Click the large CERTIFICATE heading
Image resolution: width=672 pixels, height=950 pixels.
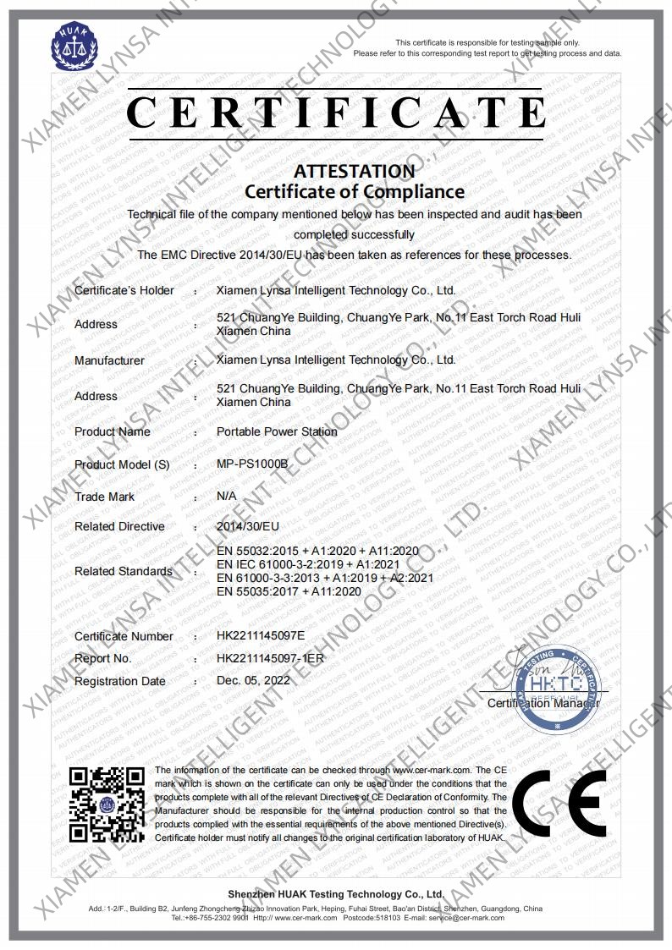click(x=336, y=113)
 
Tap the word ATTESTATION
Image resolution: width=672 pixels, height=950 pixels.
click(x=355, y=171)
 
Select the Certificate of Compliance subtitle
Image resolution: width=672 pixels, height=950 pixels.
click(x=355, y=192)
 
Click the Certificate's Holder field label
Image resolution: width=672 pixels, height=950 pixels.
click(x=124, y=291)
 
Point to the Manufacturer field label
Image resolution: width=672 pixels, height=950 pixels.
click(x=109, y=360)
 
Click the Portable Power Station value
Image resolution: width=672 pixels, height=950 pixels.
click(x=277, y=431)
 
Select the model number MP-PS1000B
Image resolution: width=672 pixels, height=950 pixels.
click(x=253, y=464)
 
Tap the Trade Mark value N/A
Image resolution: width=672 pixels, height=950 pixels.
click(x=227, y=497)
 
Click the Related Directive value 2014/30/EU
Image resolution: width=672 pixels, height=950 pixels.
click(x=248, y=526)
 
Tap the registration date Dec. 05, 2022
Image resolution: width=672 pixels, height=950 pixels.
click(x=253, y=680)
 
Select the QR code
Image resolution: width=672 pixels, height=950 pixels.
click(x=106, y=804)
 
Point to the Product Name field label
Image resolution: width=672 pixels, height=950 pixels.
click(x=113, y=431)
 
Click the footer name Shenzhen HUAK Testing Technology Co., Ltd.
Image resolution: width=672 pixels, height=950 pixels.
click(x=336, y=894)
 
